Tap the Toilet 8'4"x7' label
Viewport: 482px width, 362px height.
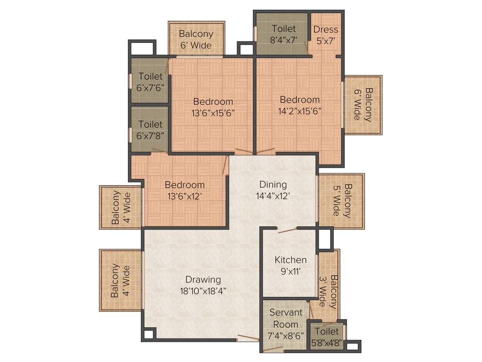pyautogui.click(x=284, y=34)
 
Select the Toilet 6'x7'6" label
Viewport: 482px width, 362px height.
pyautogui.click(x=150, y=82)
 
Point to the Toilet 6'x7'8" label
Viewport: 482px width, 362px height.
pyautogui.click(x=150, y=130)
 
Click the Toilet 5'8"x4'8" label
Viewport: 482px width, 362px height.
pyautogui.click(x=327, y=337)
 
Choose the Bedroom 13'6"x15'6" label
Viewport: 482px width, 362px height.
pyautogui.click(x=213, y=107)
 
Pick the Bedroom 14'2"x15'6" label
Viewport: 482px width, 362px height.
pyautogui.click(x=299, y=105)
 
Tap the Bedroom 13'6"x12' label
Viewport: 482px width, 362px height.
pyautogui.click(x=185, y=190)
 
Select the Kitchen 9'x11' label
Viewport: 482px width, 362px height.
pyautogui.click(x=290, y=265)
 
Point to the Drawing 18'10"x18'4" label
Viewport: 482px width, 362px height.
pyautogui.click(x=203, y=285)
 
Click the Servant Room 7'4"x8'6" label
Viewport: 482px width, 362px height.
pyautogui.click(x=285, y=324)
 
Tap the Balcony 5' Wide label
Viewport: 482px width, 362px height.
pyautogui.click(x=341, y=201)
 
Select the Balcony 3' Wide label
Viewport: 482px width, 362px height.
pyautogui.click(x=329, y=291)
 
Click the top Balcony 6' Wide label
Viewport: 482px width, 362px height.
pyautogui.click(x=196, y=40)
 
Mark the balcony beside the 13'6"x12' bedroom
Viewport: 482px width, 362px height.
pyautogui.click(x=120, y=207)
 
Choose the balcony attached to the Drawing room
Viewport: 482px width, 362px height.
pyautogui.click(x=120, y=280)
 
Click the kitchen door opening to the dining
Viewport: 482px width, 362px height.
pyautogui.click(x=287, y=230)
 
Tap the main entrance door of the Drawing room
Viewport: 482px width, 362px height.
pyautogui.click(x=248, y=338)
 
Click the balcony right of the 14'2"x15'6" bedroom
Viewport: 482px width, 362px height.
pyautogui.click(x=362, y=105)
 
